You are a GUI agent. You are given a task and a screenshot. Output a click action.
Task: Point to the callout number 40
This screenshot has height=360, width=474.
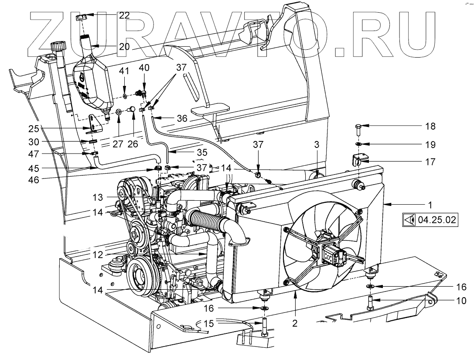[x=144, y=68]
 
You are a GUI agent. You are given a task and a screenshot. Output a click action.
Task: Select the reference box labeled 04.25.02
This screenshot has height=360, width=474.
[x=430, y=219]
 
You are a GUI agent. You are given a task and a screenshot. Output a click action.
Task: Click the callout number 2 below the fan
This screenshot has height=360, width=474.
[x=295, y=323]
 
